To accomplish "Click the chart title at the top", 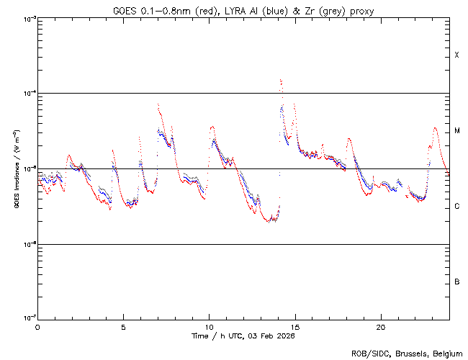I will (242, 10).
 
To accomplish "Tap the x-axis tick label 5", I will (123, 326).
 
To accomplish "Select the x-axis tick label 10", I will (209, 326).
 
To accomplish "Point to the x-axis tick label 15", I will (294, 326).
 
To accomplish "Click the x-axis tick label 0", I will (37, 326).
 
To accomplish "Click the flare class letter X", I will (457, 55).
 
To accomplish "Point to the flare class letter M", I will (457, 131).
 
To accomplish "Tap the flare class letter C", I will (457, 207).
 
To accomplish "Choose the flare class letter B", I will (457, 282).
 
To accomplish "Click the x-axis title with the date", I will (243, 336).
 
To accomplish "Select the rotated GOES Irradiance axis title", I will (16, 168).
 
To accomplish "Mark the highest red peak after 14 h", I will (280, 80).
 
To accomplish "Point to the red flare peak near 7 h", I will (158, 105).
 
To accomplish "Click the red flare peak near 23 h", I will (435, 128).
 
